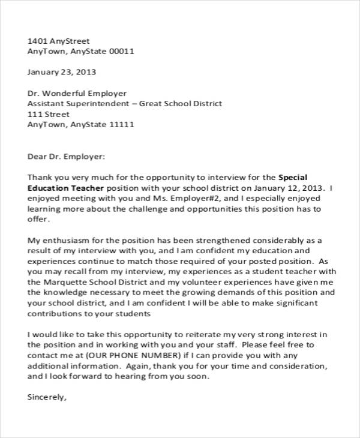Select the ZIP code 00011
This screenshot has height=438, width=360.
point(122,52)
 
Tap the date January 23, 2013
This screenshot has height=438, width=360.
point(62,73)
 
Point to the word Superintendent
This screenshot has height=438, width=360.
point(101,104)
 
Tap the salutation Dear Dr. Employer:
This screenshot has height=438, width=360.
point(67,156)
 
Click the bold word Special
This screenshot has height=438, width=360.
point(293,177)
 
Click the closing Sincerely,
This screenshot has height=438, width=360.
point(47,397)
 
